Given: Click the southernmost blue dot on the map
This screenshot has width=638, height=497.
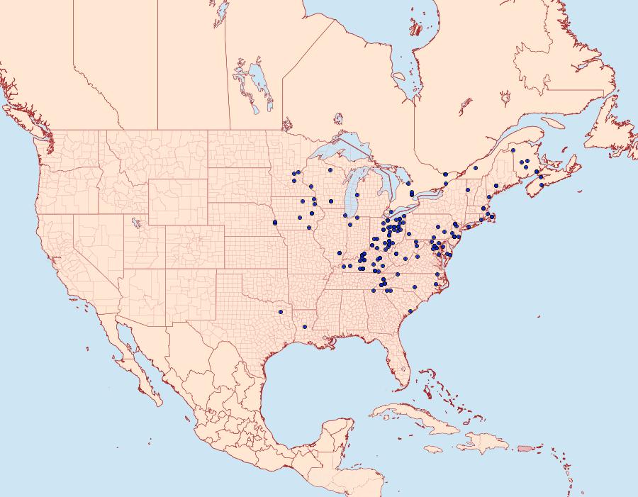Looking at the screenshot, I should pyautogui.click(x=305, y=327).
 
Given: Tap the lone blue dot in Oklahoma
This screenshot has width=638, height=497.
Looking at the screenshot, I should pyautogui.click(x=281, y=311).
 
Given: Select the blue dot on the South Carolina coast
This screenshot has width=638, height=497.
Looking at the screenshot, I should pyautogui.click(x=410, y=311).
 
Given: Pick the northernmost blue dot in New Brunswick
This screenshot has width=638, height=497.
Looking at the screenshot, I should pyautogui.click(x=513, y=151).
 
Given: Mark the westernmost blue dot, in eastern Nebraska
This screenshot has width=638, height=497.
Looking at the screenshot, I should pyautogui.click(x=274, y=223).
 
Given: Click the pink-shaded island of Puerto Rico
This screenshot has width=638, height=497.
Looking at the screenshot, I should pyautogui.click(x=525, y=447).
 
